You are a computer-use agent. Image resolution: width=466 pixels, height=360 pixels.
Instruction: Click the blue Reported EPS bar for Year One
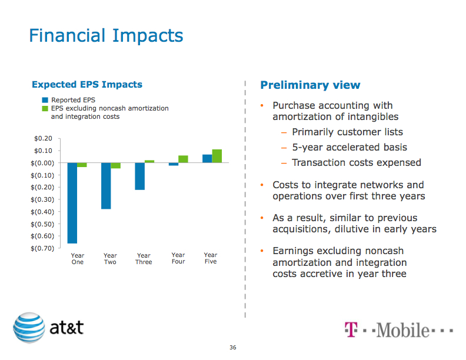coord(72,202)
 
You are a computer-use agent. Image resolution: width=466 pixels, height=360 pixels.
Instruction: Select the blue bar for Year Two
coord(106,185)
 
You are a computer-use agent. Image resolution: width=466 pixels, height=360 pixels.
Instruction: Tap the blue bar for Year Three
coord(139,176)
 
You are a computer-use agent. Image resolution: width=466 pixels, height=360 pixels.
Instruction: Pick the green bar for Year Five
coord(217,156)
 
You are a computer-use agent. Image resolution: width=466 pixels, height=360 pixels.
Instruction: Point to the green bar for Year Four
coord(183,159)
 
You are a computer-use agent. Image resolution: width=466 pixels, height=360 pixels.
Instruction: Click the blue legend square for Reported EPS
coord(45,101)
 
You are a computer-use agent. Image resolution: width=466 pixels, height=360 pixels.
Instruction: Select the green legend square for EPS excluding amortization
coord(45,109)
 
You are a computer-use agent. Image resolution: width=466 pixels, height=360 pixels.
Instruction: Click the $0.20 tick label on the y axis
coord(44,138)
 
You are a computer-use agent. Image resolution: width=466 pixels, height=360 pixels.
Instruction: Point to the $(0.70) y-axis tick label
coord(41,248)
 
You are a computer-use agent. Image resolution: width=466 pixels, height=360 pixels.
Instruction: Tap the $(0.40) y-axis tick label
coord(41,212)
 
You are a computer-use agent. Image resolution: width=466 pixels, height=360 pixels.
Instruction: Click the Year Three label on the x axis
coord(144,259)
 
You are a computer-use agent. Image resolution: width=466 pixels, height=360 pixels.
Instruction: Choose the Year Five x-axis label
coord(211,259)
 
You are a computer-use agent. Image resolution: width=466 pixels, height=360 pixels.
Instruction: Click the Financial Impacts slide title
coord(106,36)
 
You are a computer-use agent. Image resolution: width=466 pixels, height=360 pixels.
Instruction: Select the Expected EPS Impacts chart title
coord(87,85)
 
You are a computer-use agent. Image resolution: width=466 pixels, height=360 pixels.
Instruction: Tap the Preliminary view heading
coord(310,85)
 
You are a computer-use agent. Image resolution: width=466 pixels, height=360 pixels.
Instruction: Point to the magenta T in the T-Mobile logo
coord(350,329)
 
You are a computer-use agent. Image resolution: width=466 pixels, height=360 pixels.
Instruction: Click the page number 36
coord(233,348)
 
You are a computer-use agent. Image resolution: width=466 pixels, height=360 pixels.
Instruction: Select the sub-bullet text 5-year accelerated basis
coord(349,147)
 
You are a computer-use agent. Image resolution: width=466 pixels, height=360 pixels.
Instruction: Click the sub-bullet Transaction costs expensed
coord(356,162)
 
